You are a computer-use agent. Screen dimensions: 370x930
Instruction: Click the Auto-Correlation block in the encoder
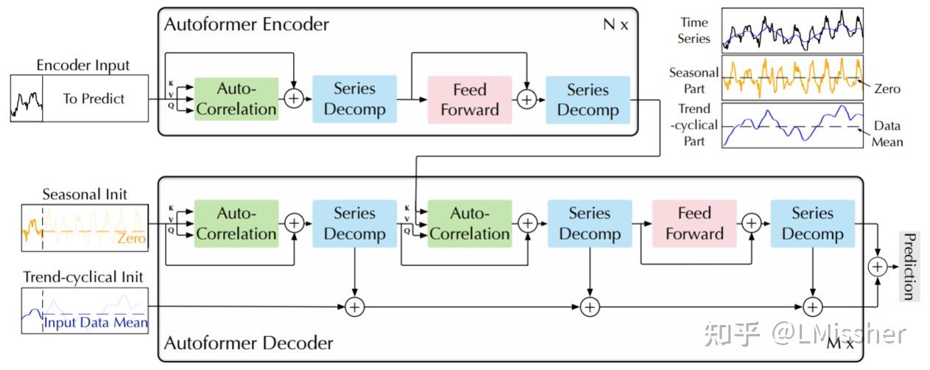236,100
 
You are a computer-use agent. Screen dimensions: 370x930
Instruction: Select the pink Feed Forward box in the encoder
469,100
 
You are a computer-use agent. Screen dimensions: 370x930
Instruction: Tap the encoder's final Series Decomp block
587,100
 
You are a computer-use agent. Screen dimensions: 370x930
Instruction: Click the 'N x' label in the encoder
616,24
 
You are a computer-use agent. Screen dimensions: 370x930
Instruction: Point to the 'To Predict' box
94,99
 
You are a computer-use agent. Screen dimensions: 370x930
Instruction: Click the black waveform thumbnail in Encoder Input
26,99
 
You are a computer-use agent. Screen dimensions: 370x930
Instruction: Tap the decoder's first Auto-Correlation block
236,223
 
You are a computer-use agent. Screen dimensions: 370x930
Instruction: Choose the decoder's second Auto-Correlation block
469,223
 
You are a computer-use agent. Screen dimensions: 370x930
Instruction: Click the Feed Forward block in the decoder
694,223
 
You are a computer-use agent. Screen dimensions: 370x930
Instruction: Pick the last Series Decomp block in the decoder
812,223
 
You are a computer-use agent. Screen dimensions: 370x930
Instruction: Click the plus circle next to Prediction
878,266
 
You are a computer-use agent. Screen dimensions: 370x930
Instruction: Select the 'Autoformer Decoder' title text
248,343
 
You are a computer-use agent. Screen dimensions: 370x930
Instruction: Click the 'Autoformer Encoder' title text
246,24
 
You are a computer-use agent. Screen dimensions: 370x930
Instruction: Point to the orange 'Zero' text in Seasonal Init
131,240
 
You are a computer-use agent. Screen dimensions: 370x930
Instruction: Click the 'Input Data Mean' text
96,323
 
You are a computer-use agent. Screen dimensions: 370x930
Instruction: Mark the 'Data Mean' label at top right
887,133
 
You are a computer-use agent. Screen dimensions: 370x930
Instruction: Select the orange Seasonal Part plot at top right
792,77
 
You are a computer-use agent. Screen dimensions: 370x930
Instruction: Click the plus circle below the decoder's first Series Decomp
355,307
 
